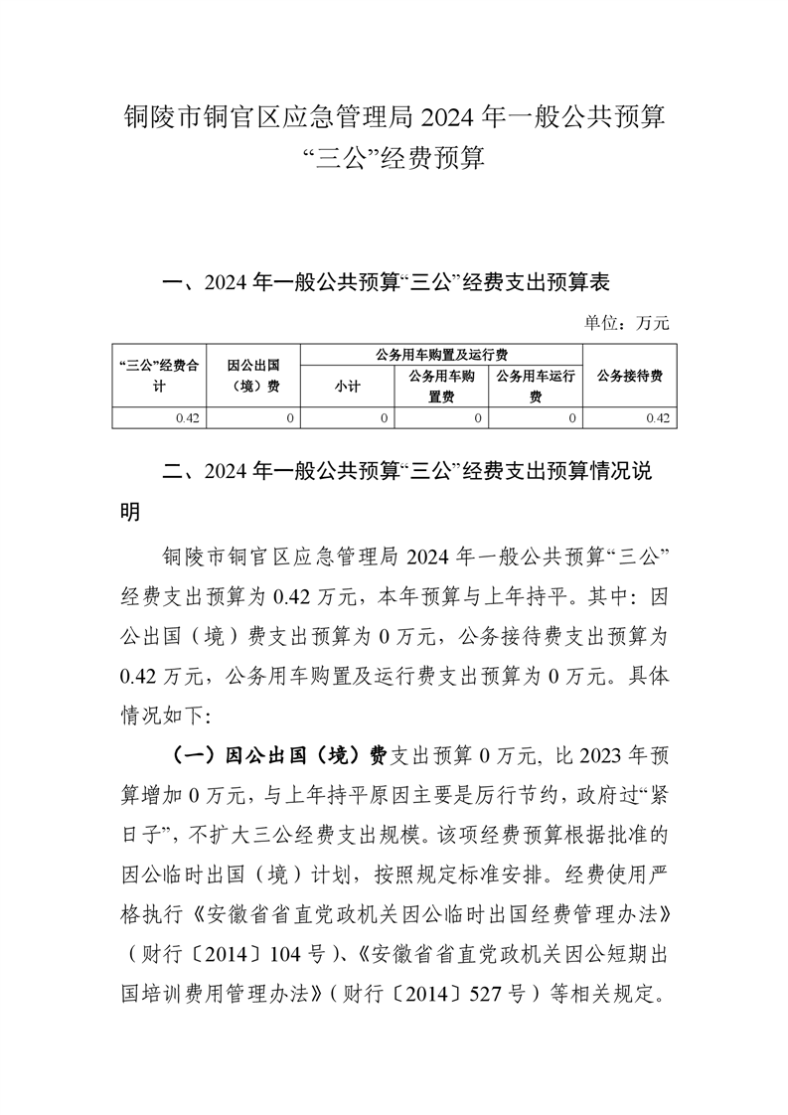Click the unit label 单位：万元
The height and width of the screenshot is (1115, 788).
[x=627, y=323]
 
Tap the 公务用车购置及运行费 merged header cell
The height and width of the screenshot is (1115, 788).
[x=442, y=354]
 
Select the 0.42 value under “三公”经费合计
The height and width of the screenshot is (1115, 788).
[x=188, y=418]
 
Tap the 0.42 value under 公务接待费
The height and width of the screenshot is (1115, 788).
[x=657, y=418]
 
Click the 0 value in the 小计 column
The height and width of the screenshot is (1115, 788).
[x=385, y=418]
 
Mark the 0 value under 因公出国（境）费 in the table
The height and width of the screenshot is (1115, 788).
[x=290, y=418]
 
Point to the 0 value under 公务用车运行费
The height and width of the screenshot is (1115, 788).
[x=572, y=418]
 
